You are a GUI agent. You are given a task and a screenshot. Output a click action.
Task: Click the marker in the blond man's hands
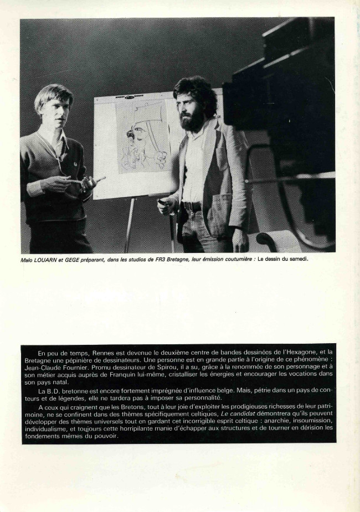(x=99, y=179)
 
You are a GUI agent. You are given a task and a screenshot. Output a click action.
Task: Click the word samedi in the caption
(x=296, y=257)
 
